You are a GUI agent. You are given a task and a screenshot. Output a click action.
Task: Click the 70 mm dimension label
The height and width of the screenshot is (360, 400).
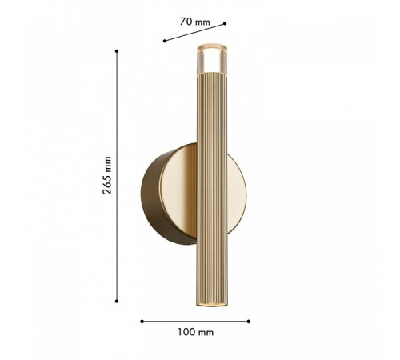coord(194,22)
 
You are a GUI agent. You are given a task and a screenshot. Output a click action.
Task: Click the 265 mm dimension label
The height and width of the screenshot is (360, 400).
coord(107,175)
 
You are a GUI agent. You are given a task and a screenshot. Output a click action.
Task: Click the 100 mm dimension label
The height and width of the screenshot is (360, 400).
coord(196,332)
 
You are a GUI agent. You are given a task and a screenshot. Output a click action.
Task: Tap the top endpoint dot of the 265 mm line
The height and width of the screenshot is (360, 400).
coord(117,51)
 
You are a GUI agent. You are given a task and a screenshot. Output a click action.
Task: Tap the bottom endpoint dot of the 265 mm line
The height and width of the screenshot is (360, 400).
coord(117,301)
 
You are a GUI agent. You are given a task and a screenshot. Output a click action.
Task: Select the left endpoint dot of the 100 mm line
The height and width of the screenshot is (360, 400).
coord(142,322)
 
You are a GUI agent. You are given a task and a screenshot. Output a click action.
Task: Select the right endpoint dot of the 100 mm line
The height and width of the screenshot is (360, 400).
coord(249,322)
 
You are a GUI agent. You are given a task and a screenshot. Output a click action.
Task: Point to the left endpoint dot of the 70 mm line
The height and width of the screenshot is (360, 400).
coord(165,41)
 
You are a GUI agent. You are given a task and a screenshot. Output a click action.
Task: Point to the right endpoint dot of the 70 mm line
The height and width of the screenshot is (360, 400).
coord(225,23)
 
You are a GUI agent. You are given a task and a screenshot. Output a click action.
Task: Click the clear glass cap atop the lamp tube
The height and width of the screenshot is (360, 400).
coord(212,59)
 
